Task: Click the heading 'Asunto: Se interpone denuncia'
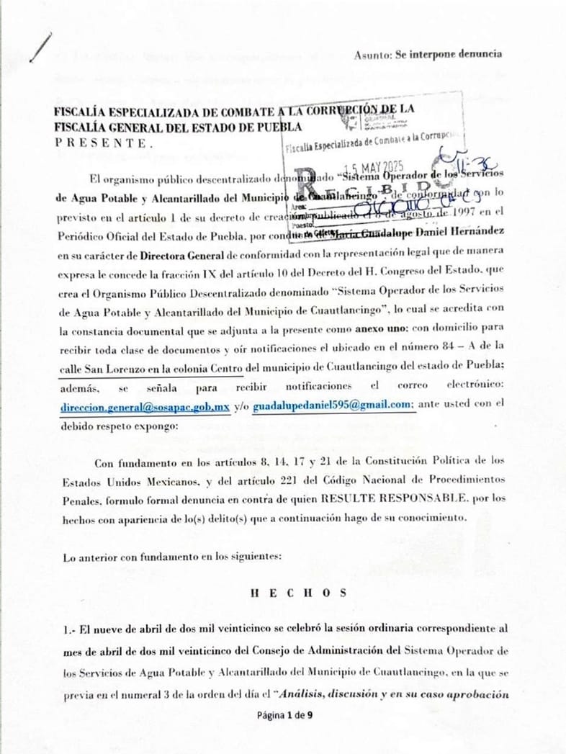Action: point(428,55)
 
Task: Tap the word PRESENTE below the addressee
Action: point(104,143)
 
